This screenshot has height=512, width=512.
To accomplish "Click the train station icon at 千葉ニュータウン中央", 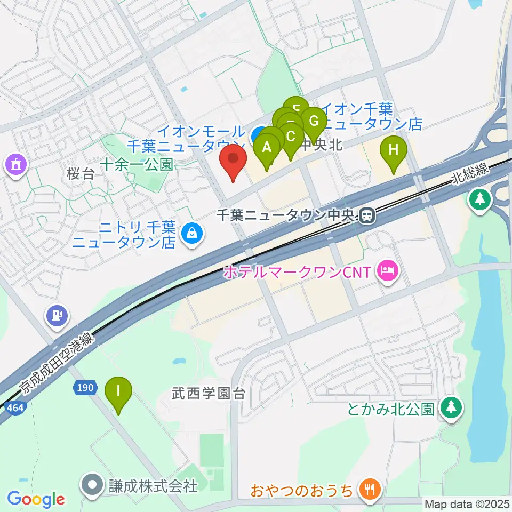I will (x=366, y=215).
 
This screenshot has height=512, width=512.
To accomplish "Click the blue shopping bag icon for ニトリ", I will (x=190, y=233).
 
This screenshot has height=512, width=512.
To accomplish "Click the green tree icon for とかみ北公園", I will (x=452, y=409).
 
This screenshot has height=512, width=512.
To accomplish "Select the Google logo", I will (x=36, y=500).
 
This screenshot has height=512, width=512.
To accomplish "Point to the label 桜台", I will (x=81, y=174).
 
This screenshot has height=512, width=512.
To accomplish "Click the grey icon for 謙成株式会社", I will (x=92, y=486).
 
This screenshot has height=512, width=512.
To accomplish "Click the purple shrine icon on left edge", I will (x=14, y=163).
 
